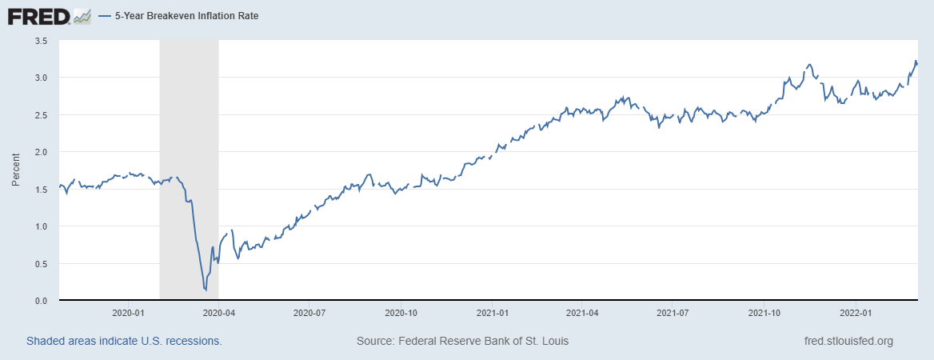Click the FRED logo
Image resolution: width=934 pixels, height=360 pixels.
[38, 16]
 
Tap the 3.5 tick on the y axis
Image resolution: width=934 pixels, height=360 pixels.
[42, 40]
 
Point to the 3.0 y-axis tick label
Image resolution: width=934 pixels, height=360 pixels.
[42, 78]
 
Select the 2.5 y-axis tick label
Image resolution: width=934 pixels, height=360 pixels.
[42, 115]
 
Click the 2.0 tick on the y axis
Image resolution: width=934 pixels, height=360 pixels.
[42, 152]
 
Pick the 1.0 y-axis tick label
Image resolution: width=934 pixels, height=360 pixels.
[42, 226]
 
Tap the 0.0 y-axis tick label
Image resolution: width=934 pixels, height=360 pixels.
[42, 301]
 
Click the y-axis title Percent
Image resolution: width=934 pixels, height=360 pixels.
[15, 170]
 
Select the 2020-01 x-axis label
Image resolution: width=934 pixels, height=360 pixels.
[128, 313]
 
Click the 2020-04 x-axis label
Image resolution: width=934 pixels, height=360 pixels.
[218, 313]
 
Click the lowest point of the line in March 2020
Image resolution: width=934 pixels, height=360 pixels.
[206, 290]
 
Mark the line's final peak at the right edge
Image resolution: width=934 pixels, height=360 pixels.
[915, 61]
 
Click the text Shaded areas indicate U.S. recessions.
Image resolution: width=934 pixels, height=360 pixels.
[124, 342]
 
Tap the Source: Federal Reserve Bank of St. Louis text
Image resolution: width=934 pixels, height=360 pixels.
[462, 342]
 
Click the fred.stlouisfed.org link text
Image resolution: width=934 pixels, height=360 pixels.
[848, 342]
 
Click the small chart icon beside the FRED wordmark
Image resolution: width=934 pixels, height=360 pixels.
[82, 16]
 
